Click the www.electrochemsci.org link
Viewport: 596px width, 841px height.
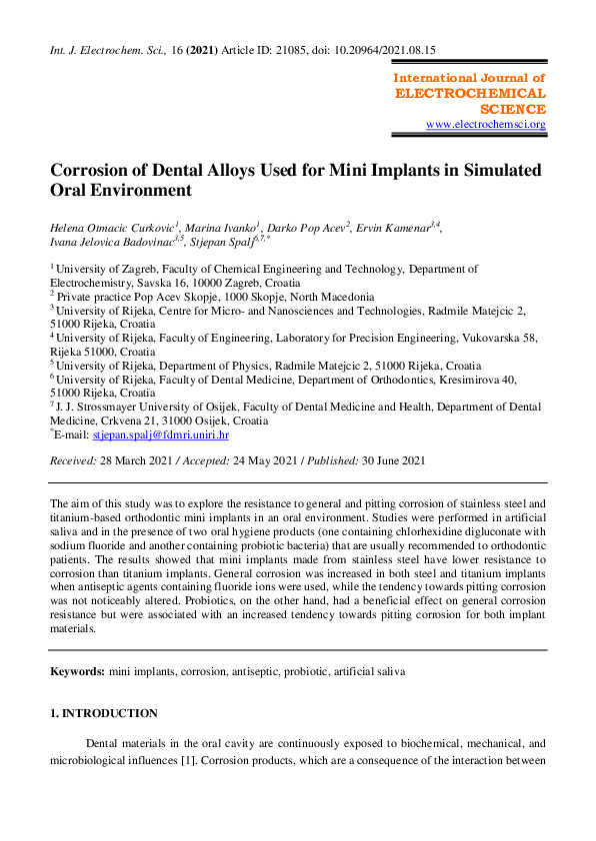(485, 124)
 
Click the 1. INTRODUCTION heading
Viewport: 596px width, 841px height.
(104, 713)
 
